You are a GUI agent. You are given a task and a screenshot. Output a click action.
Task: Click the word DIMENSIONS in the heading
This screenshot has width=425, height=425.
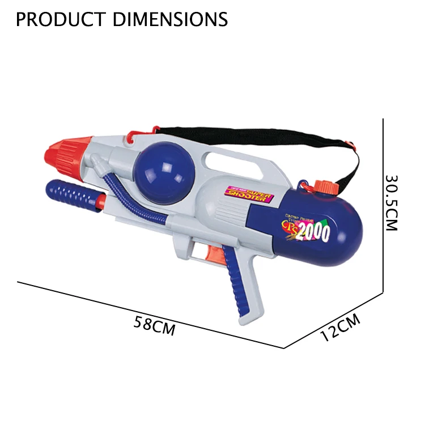[171, 19]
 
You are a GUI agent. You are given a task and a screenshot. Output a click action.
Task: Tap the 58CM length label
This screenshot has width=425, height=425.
[155, 326]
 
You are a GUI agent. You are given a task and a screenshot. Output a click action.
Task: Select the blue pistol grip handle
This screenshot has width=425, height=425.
[238, 289]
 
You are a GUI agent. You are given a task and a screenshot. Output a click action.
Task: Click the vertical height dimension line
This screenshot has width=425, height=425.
[384, 204]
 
